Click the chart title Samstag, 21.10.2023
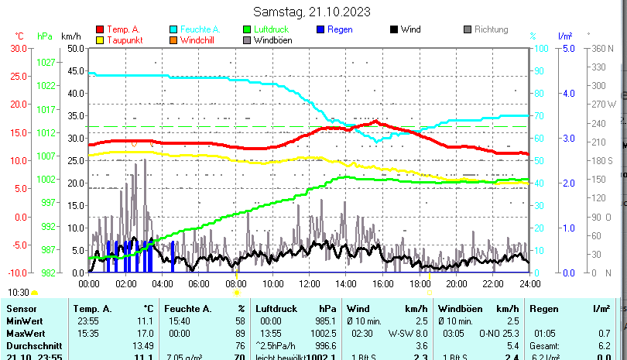pos(312,12)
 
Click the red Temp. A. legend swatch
pos(100,29)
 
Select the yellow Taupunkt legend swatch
pos(100,40)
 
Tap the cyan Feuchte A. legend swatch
pos(173,29)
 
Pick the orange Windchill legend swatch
pos(173,40)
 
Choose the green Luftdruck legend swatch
pos(247,29)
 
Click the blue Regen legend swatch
pos(320,29)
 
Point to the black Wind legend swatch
pos(394,29)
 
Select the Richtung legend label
pos(491,29)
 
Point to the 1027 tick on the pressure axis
pos(46,62)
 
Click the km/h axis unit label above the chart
pos(70,36)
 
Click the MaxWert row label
pos(26,333)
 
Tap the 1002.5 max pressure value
pos(324,333)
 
